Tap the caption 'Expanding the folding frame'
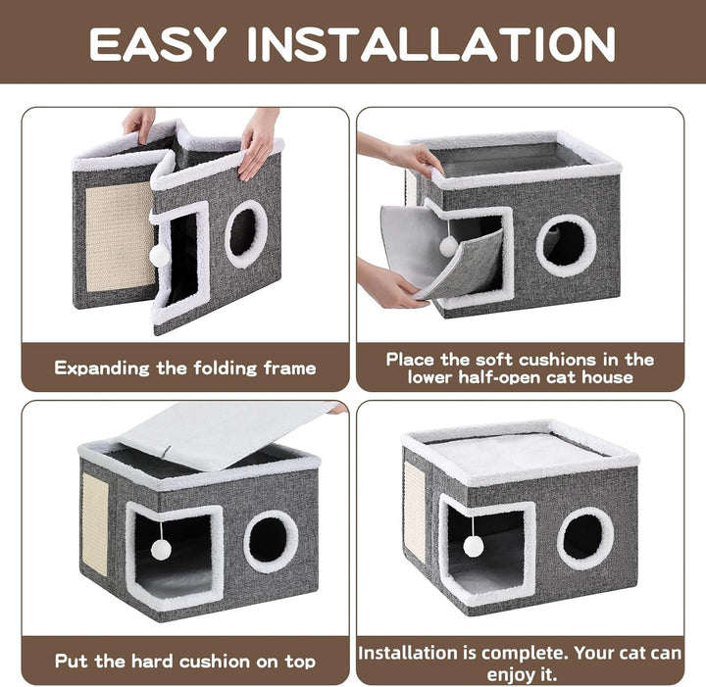coord(185,368)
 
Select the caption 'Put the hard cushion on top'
coord(185,661)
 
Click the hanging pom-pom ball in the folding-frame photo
coord(157,255)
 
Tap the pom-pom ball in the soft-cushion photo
coord(448,247)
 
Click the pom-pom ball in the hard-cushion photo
coord(160,549)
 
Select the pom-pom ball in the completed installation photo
coord(474,546)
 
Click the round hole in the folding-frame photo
coord(244,232)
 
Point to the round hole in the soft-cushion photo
coord(566,244)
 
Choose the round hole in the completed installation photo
coord(585,537)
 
